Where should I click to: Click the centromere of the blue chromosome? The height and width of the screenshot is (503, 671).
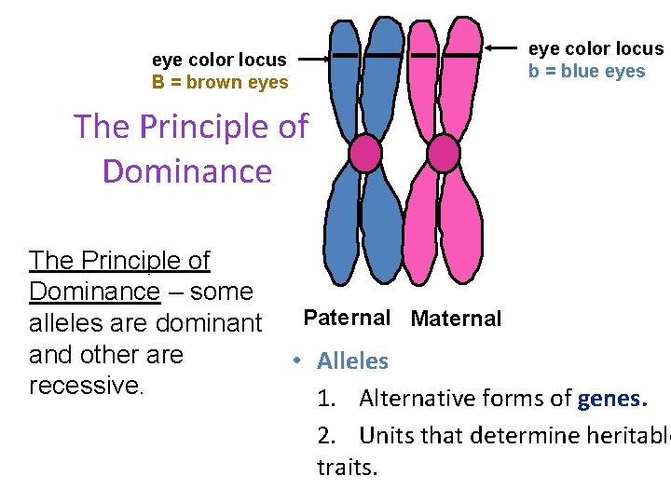(x=365, y=153)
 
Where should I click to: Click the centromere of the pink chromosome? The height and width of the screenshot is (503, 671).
(x=444, y=153)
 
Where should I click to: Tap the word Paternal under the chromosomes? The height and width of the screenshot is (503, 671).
(x=347, y=318)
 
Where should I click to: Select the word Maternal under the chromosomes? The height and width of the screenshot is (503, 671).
(x=456, y=319)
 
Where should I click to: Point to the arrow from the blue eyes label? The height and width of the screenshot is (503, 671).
(x=504, y=48)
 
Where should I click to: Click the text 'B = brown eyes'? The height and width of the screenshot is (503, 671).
(x=220, y=82)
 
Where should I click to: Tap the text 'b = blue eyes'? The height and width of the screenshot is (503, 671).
(x=586, y=72)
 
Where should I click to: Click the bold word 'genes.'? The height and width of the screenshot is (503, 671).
(x=611, y=400)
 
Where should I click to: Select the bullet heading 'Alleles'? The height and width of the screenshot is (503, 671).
(x=352, y=361)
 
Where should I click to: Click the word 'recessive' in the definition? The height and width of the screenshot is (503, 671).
(x=83, y=386)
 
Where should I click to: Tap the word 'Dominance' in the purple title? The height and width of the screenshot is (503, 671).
(x=186, y=171)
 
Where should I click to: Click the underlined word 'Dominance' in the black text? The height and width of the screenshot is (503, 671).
(x=94, y=292)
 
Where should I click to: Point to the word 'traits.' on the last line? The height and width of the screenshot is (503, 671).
(x=347, y=467)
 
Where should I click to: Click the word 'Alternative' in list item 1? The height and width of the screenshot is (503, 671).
(x=416, y=400)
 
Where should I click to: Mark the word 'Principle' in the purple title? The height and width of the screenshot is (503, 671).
(x=199, y=126)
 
